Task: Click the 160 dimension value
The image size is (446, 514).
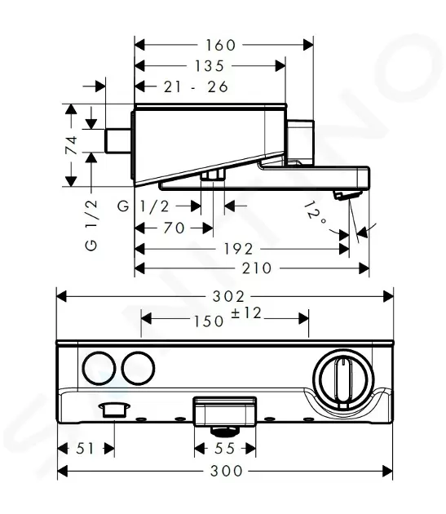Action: point(220,45)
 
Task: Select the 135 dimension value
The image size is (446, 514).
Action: point(210,66)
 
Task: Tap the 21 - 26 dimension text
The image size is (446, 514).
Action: point(196,86)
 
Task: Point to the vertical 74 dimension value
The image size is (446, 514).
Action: point(72,145)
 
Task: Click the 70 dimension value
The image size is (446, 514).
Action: point(174,228)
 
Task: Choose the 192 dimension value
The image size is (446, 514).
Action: point(238,249)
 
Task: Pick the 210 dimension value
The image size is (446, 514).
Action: point(257,268)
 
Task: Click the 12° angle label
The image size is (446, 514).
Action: point(315,213)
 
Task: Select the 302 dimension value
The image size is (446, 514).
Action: point(228,297)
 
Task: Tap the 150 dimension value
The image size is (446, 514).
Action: point(209,321)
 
